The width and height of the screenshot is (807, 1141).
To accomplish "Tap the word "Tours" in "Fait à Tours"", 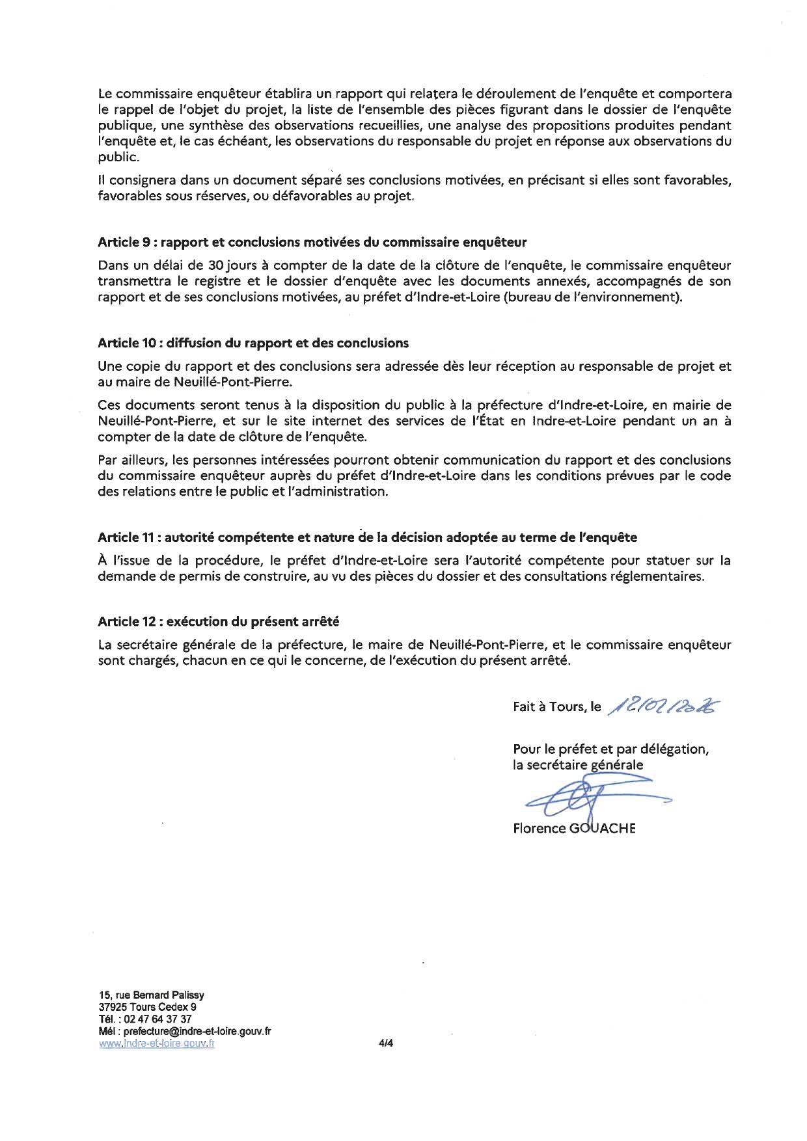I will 567,707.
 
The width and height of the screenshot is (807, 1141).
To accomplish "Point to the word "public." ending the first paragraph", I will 118,157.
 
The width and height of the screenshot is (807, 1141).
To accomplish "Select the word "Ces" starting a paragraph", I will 109,405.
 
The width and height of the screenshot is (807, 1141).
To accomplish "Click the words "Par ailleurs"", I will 129,460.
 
